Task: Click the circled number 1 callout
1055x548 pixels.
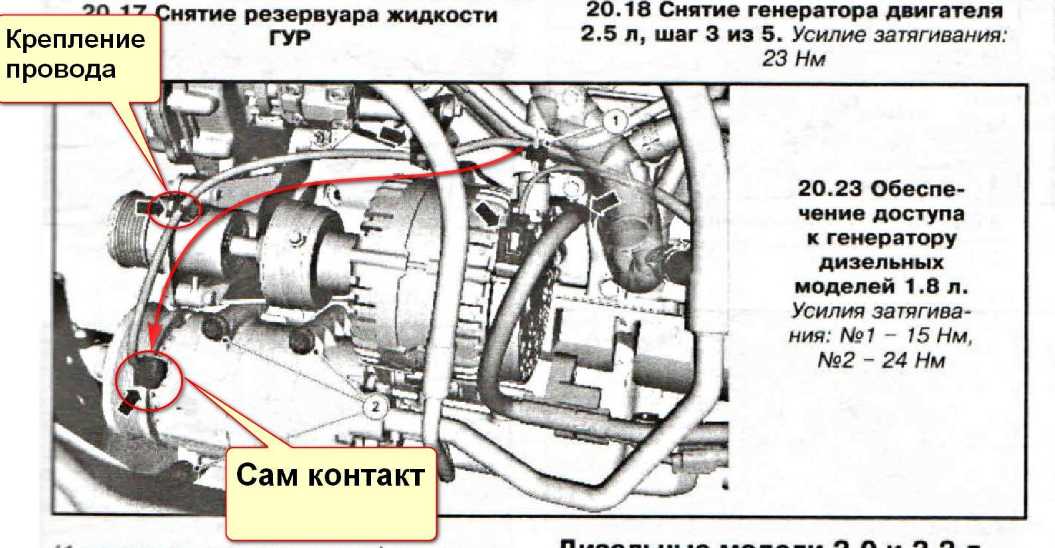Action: (616, 121)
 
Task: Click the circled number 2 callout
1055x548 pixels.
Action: (375, 406)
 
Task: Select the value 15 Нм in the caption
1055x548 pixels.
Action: (934, 336)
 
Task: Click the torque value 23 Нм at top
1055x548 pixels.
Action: (793, 59)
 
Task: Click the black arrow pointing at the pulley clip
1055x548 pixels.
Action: (147, 208)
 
